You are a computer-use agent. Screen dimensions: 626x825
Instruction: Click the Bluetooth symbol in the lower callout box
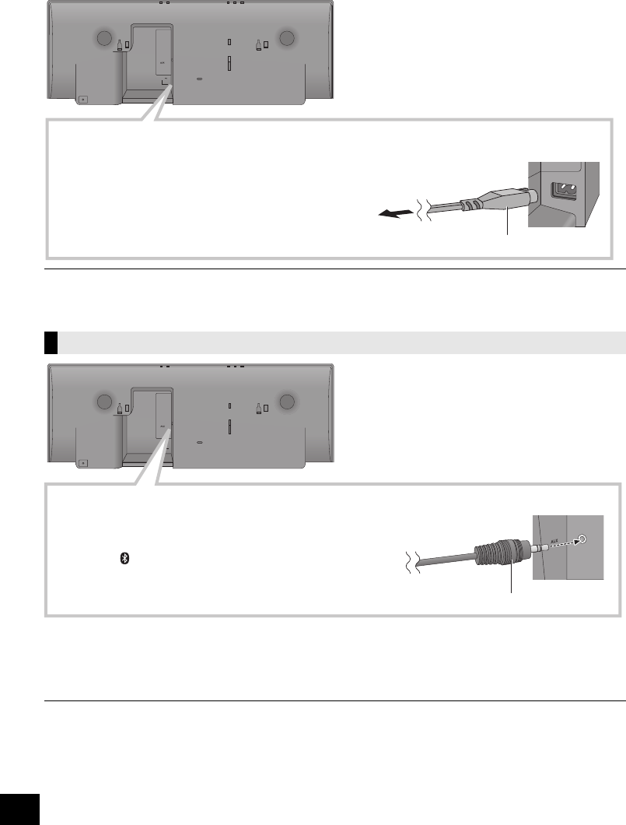tap(122, 559)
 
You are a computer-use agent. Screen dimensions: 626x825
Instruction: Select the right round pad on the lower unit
tap(287, 402)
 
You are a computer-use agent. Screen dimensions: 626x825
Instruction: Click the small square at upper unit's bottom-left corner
tap(83, 99)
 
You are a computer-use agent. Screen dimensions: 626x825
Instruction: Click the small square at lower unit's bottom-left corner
tap(83, 462)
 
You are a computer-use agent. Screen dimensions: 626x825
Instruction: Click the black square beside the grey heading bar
tap(51, 342)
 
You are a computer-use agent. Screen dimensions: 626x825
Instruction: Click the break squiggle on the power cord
tap(423, 209)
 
